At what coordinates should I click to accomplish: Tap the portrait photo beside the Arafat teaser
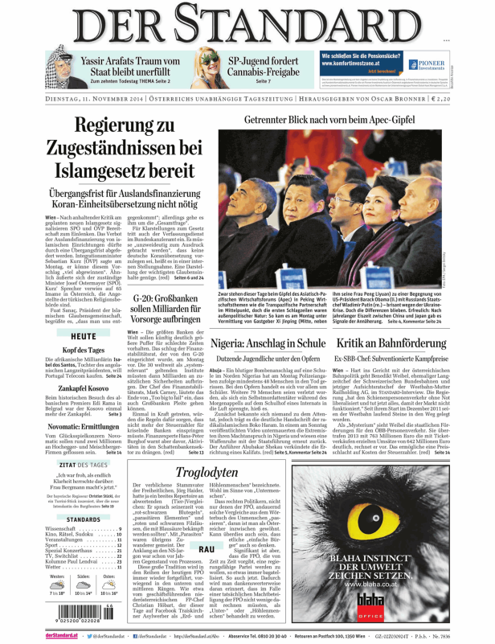tap(51, 67)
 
